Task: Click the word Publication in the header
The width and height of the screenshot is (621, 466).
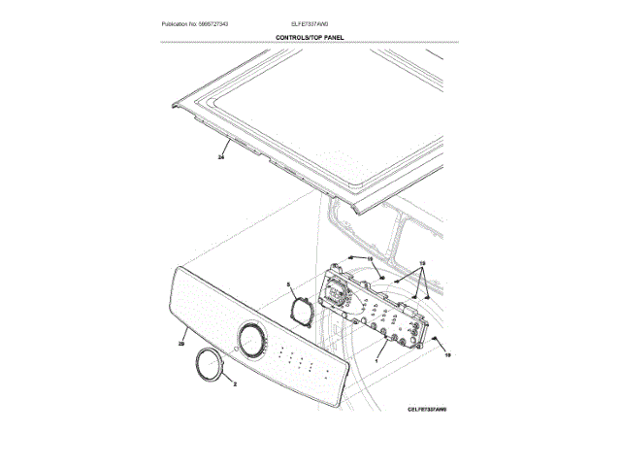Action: (177, 23)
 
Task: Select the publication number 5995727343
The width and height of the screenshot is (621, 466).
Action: (217, 23)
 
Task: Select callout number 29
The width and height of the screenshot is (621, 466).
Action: (181, 342)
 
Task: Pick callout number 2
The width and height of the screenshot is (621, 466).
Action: (234, 382)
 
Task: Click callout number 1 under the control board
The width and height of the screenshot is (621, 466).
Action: (376, 360)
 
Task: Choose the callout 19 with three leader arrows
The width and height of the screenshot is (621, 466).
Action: (422, 265)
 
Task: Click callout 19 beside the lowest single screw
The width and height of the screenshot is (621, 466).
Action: (447, 356)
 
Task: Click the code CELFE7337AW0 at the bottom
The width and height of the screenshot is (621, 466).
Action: (427, 410)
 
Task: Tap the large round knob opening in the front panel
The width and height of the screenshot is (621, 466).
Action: (252, 342)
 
